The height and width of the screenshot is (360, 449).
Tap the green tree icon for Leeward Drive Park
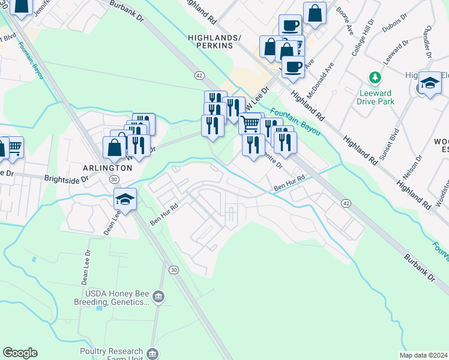[375, 78]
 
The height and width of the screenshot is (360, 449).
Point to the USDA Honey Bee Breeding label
[112, 298]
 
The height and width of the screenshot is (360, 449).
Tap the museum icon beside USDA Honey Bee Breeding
[158, 296]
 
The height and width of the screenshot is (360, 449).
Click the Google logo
[20, 353]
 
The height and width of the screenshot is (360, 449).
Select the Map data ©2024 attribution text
[424, 355]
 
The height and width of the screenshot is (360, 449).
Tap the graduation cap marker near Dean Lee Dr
[125, 199]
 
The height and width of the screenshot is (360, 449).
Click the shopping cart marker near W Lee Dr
[250, 124]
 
